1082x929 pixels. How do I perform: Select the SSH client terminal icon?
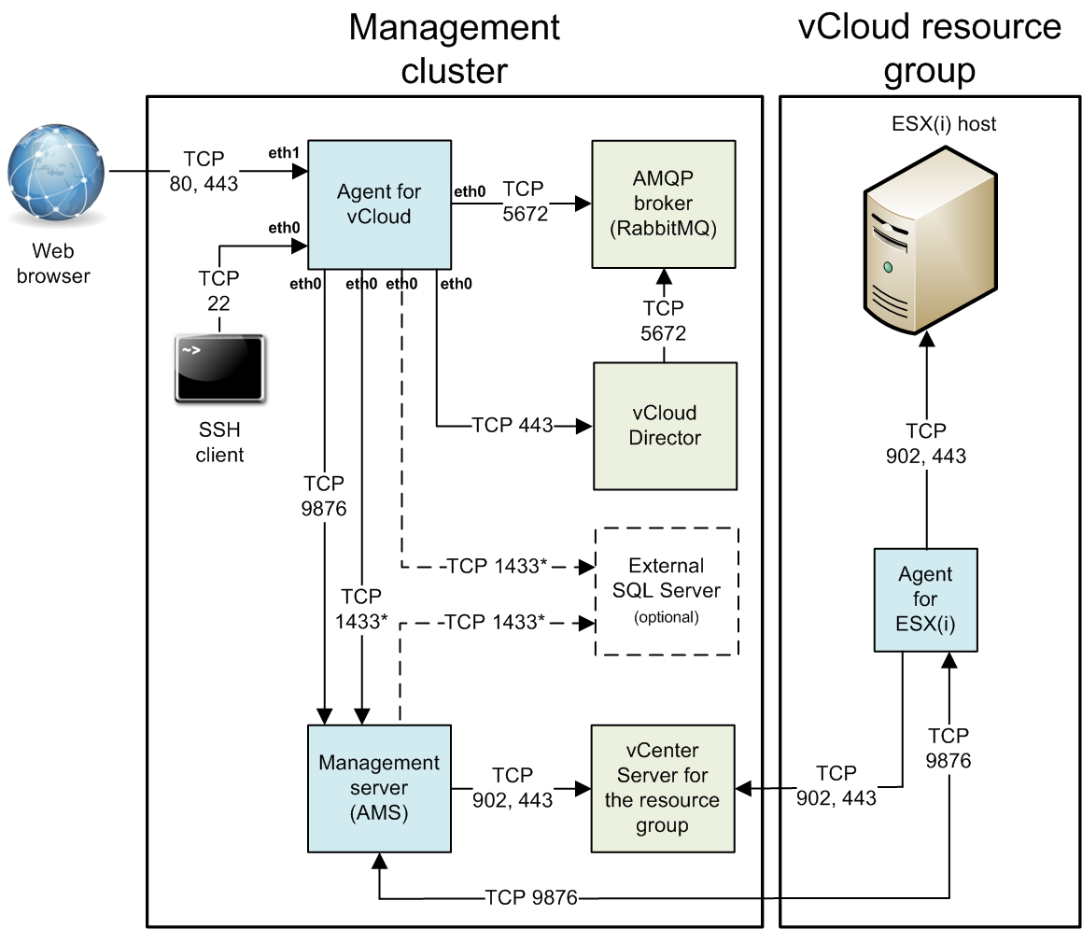(219, 371)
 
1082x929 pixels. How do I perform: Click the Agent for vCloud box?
(378, 204)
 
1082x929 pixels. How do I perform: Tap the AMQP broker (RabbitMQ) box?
(664, 204)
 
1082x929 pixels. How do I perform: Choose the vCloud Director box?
(665, 425)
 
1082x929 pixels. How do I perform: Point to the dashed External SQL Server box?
(667, 592)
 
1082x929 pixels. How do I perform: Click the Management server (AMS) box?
(378, 788)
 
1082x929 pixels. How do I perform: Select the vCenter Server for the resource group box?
(663, 788)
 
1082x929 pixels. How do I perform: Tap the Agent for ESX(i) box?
(925, 599)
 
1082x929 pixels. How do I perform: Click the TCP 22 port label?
(218, 289)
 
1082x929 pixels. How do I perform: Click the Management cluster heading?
(455, 49)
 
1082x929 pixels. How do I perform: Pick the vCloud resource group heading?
(930, 49)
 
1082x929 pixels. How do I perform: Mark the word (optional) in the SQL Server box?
(666, 617)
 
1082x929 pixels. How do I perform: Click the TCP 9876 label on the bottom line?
(531, 898)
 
